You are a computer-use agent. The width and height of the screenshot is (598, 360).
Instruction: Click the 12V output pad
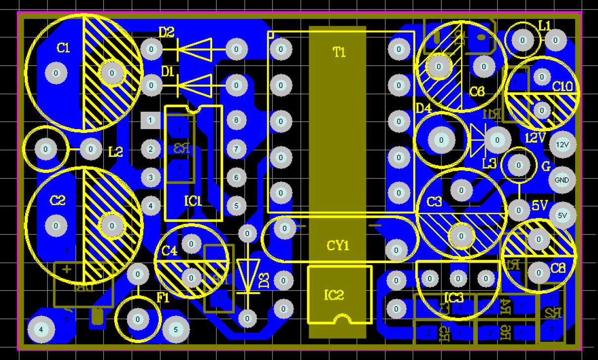(x=562, y=145)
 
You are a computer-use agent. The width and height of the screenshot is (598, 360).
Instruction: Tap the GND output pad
(x=562, y=180)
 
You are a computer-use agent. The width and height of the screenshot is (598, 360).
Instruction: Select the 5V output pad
(x=562, y=216)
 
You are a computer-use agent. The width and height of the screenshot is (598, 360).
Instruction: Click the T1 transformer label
(x=339, y=53)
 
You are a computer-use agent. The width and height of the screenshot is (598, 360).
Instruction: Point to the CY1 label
(x=338, y=246)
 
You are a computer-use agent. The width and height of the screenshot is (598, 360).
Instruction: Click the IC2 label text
(x=334, y=295)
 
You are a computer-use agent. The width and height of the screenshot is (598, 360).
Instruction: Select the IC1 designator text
(x=193, y=201)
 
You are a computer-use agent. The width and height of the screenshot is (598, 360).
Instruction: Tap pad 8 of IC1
(x=236, y=120)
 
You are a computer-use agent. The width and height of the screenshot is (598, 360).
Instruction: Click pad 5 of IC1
(x=236, y=205)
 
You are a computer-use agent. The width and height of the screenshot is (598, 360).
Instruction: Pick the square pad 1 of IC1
(x=151, y=120)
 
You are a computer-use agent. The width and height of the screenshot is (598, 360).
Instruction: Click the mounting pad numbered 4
(x=42, y=329)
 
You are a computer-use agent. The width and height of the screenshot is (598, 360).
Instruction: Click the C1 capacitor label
(x=63, y=48)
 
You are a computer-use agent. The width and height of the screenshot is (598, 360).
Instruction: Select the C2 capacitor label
(x=57, y=200)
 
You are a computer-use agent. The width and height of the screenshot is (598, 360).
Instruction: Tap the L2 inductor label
(x=115, y=152)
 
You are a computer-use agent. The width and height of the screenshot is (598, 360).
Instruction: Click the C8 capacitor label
(x=558, y=269)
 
